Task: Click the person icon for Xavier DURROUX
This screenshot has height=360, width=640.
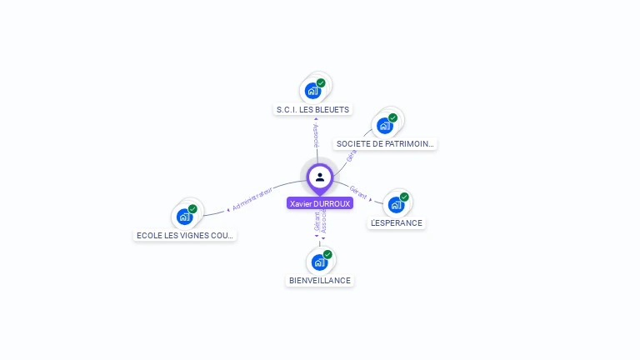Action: [x=320, y=177]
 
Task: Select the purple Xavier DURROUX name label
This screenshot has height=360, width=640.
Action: [x=320, y=203]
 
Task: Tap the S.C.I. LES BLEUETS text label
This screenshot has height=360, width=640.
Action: [x=313, y=109]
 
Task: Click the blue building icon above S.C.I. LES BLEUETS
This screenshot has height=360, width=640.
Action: [x=312, y=90]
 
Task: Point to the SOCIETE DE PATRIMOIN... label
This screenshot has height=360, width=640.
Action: [x=385, y=143]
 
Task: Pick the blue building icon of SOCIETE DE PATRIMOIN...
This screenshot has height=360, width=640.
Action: [x=384, y=125]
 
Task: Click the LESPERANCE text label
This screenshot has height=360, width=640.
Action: [x=397, y=222]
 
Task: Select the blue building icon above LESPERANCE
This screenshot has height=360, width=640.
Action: [x=396, y=204]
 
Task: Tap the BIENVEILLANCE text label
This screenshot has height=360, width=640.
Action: [x=320, y=280]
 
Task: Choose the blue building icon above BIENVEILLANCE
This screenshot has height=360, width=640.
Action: [x=319, y=262]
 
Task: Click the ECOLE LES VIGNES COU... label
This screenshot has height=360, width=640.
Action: [x=186, y=235]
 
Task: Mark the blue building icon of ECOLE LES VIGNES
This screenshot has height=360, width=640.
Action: [x=184, y=217]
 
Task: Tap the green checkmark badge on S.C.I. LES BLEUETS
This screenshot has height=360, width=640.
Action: [x=321, y=82]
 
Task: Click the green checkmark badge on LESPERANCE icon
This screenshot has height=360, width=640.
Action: [x=404, y=197]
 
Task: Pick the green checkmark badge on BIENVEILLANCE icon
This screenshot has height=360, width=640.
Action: [x=327, y=254]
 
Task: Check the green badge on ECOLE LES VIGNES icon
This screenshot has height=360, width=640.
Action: [x=192, y=209]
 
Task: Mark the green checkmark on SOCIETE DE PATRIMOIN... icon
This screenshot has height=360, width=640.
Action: [x=392, y=117]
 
